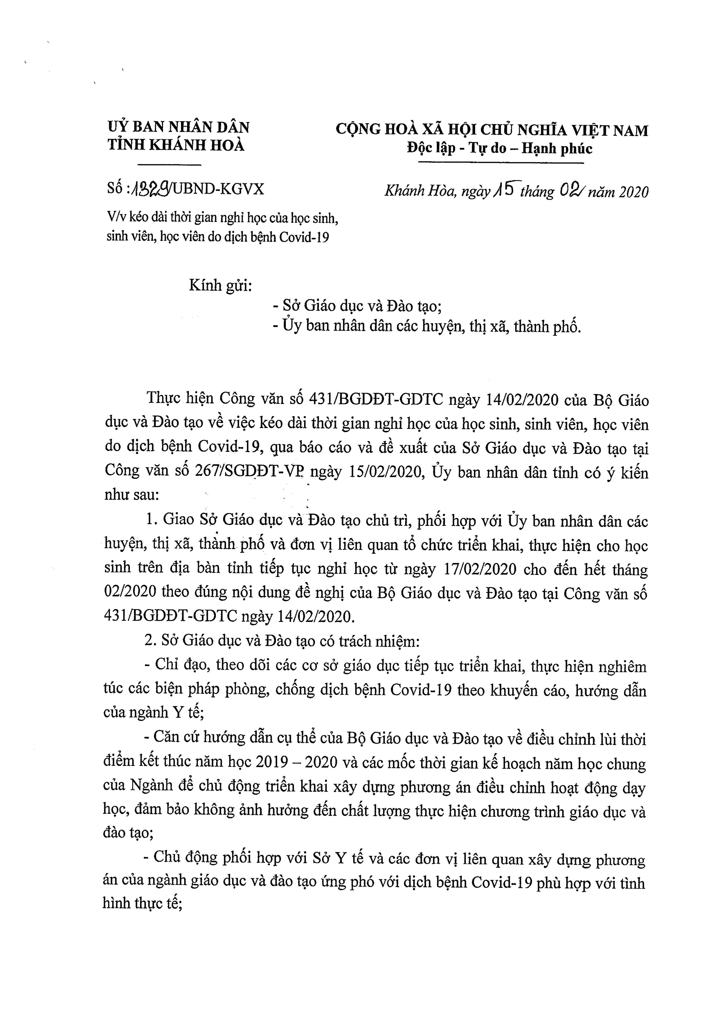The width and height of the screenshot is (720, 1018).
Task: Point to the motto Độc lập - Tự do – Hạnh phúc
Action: (x=500, y=148)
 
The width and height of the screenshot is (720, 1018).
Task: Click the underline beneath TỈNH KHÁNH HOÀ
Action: (x=170, y=165)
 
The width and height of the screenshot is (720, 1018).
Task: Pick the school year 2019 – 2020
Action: (x=296, y=763)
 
